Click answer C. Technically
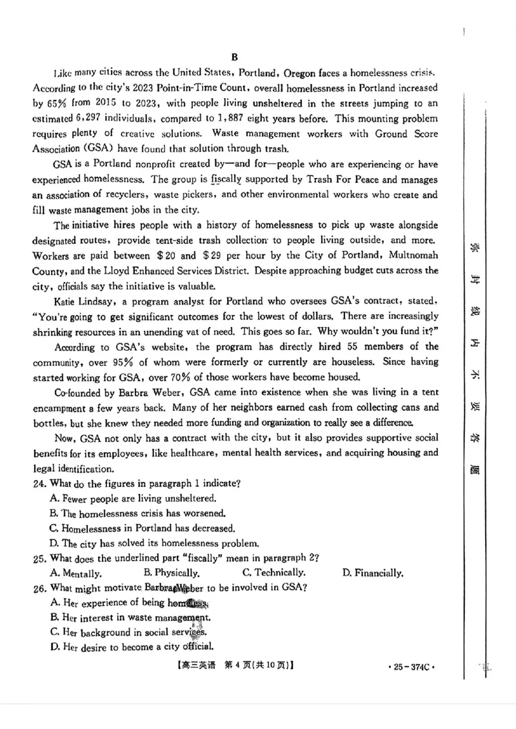[273, 573]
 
